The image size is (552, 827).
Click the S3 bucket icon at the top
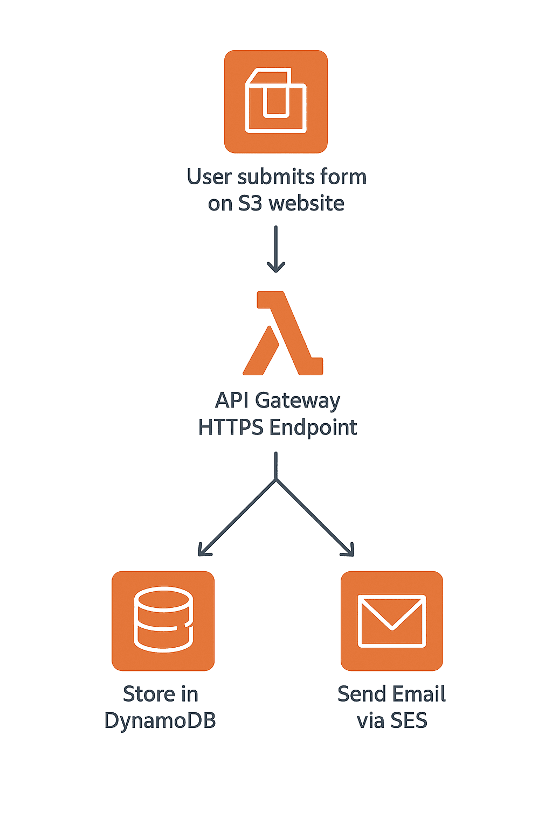[x=276, y=102]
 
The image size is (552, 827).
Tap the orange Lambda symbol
[x=283, y=334]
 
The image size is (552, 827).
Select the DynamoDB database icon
[x=163, y=620]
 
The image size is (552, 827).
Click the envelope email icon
[x=392, y=621]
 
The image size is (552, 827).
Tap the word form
[x=343, y=177]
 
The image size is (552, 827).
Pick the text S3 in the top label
[x=250, y=204]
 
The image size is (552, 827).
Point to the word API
[x=231, y=401]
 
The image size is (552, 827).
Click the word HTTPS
[x=231, y=427]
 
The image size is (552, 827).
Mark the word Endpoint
[x=313, y=428]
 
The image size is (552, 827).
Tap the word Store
[x=145, y=694]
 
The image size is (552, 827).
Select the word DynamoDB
[x=160, y=721]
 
